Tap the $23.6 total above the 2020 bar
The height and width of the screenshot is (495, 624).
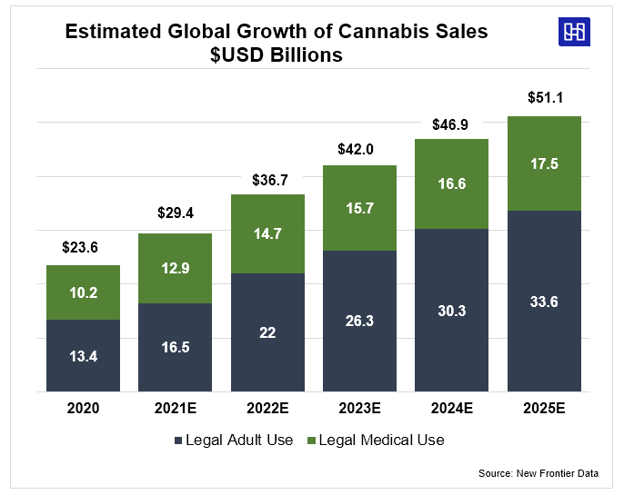click(x=83, y=246)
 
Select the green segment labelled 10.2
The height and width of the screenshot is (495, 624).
click(x=83, y=292)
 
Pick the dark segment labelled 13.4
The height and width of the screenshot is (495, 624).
click(x=83, y=355)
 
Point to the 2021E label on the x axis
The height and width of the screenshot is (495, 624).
click(x=176, y=409)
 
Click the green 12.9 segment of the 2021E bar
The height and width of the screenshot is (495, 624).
click(x=176, y=268)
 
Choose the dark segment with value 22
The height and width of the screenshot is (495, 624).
click(x=267, y=332)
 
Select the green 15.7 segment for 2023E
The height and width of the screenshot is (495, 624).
click(x=359, y=208)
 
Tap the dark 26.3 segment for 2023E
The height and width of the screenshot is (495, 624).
click(x=359, y=321)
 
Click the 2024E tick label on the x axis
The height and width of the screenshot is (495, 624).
click(x=451, y=409)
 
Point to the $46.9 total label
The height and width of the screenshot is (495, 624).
click(x=451, y=125)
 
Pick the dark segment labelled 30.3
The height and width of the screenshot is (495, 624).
click(x=451, y=310)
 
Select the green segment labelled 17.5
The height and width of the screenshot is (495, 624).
click(x=544, y=163)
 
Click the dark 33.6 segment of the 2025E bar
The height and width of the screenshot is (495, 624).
click(x=544, y=301)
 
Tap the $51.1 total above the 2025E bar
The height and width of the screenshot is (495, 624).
click(x=544, y=97)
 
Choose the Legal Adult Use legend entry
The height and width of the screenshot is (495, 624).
click(x=234, y=441)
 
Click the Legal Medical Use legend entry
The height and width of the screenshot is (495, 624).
click(x=376, y=441)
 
